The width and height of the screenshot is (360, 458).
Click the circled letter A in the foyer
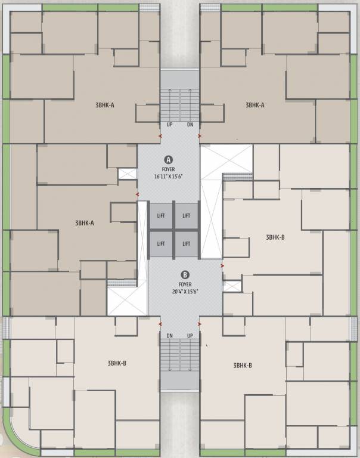(169, 160)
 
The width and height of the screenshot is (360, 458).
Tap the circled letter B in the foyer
(185, 275)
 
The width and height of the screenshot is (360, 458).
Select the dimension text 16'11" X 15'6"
(169, 177)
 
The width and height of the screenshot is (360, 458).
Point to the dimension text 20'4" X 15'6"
(185, 291)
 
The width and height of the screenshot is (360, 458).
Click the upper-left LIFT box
(160, 215)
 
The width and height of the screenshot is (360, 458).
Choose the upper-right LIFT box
(187, 215)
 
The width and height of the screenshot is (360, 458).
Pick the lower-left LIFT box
(160, 243)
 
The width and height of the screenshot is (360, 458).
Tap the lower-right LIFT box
(187, 243)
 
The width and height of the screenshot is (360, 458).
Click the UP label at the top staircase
(170, 125)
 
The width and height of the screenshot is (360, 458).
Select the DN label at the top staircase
(190, 125)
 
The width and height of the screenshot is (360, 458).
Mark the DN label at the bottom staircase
(170, 336)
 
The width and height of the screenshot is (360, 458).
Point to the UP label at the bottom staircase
(190, 336)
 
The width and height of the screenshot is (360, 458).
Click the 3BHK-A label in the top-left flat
(104, 105)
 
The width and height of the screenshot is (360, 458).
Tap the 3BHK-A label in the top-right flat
(255, 105)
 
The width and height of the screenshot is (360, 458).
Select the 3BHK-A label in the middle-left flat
(85, 222)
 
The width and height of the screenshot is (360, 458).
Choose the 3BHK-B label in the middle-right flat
(275, 237)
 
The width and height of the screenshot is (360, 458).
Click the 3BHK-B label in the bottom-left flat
(117, 363)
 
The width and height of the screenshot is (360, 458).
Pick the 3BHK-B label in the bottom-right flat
(243, 365)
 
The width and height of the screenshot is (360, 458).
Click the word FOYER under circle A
(169, 169)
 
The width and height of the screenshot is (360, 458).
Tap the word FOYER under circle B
(185, 284)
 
